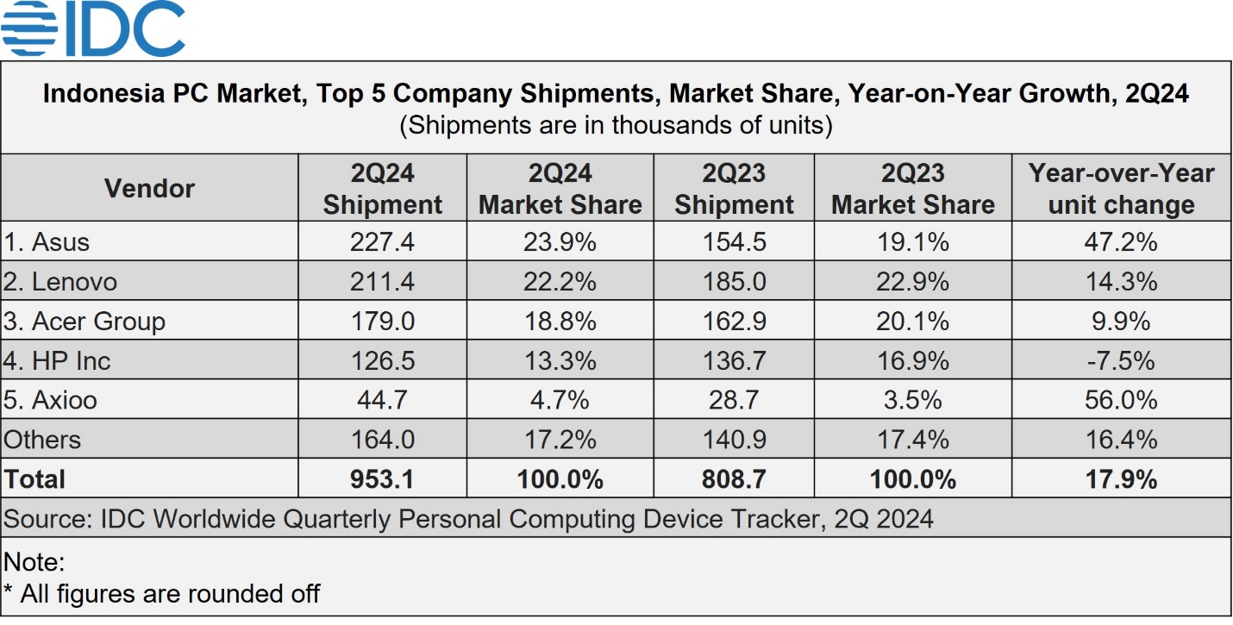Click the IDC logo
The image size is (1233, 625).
(93, 28)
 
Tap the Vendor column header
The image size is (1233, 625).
(149, 188)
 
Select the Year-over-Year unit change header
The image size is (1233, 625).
(1121, 189)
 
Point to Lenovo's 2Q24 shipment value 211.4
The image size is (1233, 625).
(382, 282)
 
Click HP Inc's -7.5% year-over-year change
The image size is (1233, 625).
(1120, 360)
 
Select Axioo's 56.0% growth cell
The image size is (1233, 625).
(1120, 400)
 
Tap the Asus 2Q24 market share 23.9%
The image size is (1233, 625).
(560, 242)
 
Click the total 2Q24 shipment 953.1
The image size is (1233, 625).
(382, 478)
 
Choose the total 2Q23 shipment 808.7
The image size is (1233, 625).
(734, 478)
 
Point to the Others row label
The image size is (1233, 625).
(42, 440)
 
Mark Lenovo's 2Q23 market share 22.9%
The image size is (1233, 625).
(913, 282)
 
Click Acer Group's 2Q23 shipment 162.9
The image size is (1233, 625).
(734, 322)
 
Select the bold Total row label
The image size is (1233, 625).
(34, 478)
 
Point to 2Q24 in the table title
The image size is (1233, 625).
(1157, 93)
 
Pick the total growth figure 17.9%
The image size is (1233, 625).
(1120, 478)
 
